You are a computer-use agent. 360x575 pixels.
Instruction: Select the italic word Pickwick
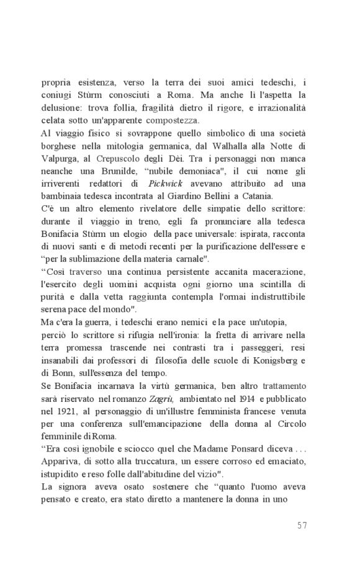point(164,184)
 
